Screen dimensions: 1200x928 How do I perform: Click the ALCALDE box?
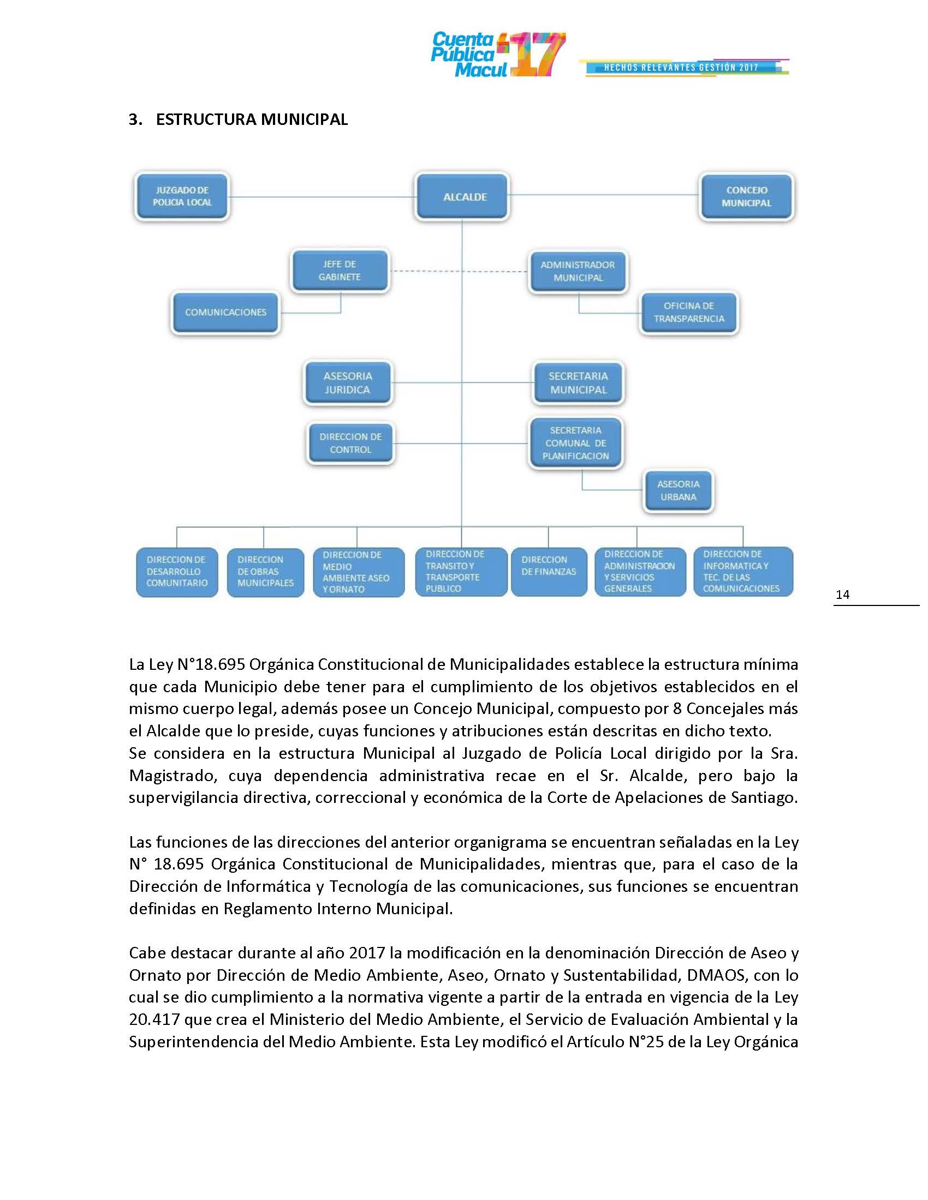point(462,197)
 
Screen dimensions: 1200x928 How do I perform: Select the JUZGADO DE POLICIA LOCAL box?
point(182,196)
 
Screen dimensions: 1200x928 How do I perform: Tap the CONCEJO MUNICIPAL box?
point(746,197)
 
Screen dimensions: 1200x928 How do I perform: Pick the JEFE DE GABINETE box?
point(340,271)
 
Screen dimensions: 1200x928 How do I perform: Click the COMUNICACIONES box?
point(225,312)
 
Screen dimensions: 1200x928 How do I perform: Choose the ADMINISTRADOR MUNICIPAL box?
point(577,272)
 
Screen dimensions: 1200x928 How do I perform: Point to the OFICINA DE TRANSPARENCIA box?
point(688,312)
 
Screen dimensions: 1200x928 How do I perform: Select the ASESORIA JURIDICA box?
point(347,383)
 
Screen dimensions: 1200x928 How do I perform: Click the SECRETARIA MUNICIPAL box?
point(578,383)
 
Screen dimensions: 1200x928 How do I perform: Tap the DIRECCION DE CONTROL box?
point(350,443)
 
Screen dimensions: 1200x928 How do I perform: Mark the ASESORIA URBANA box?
point(678,491)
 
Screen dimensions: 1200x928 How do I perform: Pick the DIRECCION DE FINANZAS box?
point(549,572)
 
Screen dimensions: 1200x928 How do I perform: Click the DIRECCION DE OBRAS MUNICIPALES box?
point(265,572)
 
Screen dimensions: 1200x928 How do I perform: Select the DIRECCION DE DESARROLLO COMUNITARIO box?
point(176,572)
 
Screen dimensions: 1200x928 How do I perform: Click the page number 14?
point(842,595)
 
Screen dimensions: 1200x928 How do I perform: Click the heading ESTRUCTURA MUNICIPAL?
point(251,120)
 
